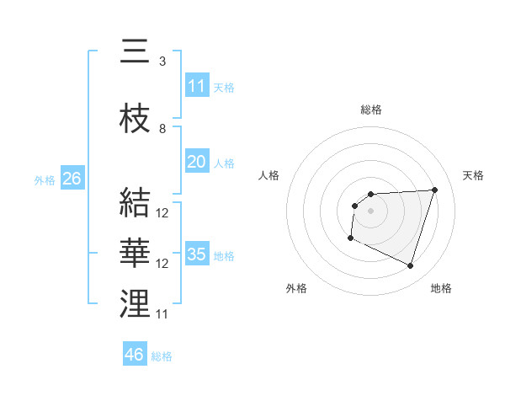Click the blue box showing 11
point(197,86)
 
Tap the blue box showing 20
point(197,162)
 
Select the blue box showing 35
point(197,254)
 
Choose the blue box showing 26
point(72,179)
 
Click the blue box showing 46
point(135,355)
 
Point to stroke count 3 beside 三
point(162,62)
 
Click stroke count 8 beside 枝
point(162,129)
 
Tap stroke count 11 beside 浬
point(162,314)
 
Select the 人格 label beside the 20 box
point(224,163)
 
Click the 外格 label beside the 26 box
point(45,179)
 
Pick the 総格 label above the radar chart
point(371,110)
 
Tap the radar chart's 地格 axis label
point(441,288)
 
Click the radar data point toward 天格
point(434,190)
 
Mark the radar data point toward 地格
point(410,266)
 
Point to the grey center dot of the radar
point(370,210)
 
